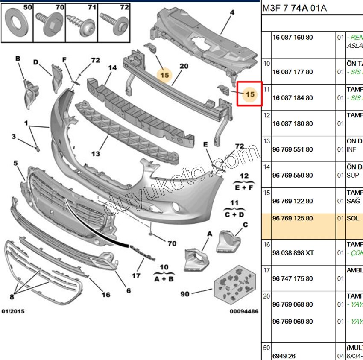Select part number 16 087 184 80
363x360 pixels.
(293, 98)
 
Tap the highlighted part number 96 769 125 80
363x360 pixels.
(293, 218)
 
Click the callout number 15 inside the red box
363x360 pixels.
(250, 94)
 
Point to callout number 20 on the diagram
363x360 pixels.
(184, 66)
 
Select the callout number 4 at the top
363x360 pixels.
(232, 13)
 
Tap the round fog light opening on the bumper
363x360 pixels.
(176, 208)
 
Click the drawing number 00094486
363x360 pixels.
(244, 312)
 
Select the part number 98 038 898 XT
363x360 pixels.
(293, 253)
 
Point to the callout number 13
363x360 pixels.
(95, 153)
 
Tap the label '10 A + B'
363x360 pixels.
(164, 273)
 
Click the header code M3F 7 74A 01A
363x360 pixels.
(294, 9)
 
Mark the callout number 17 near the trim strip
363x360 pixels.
(136, 276)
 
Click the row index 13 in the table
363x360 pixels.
(266, 141)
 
